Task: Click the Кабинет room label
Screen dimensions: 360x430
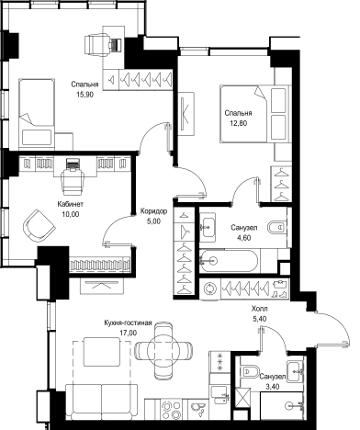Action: pos(71,204)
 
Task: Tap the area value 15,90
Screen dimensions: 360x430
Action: pos(84,95)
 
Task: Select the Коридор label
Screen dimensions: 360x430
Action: pos(153,211)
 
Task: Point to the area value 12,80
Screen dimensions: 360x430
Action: pos(239,123)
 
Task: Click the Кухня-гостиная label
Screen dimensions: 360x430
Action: pos(128,322)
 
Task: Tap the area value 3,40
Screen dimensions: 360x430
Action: pos(272,387)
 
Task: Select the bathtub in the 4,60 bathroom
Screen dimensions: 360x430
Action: pos(229,261)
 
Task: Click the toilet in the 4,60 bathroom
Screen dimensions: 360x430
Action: pos(277,227)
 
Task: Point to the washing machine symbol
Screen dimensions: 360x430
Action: pos(209,289)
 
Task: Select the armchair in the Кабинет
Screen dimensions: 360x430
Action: pos(39,226)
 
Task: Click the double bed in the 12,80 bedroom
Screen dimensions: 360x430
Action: pos(254,114)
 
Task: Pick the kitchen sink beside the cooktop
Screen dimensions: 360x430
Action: pos(197,409)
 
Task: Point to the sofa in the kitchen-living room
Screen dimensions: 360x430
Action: pos(101,402)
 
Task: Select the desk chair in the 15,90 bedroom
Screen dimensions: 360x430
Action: pos(96,45)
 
